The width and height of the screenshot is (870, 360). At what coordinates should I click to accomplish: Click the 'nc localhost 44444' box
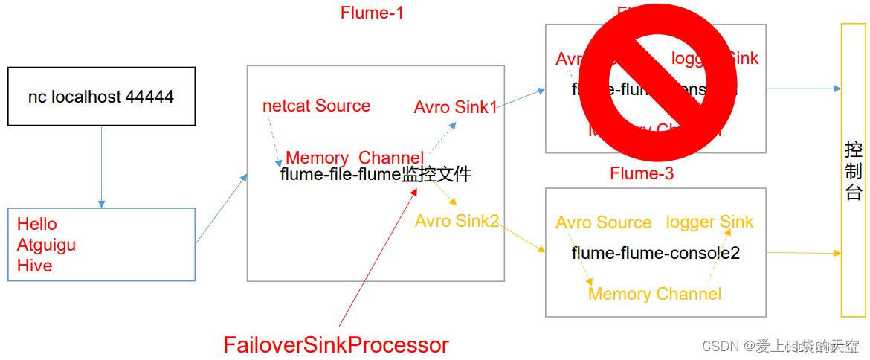101,97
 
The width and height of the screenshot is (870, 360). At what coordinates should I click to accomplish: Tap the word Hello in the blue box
37,224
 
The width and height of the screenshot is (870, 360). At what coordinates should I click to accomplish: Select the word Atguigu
46,245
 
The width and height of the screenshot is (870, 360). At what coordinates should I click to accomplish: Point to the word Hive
34,266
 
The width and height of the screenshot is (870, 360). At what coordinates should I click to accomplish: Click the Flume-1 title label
372,13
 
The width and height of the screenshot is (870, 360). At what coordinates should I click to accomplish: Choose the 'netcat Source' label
316,106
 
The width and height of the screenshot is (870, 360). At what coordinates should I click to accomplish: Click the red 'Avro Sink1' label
455,107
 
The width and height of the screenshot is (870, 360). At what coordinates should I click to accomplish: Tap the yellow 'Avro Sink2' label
457,221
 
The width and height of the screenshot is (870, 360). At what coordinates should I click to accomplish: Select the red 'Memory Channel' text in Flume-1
354,158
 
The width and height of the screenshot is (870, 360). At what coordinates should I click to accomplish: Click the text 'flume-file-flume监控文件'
376,176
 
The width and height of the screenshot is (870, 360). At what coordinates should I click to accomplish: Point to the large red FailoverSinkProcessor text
336,345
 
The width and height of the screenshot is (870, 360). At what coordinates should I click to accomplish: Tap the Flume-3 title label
642,174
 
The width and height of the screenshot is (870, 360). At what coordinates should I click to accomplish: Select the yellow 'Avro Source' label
603,222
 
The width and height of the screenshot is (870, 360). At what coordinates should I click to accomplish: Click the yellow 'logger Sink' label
709,222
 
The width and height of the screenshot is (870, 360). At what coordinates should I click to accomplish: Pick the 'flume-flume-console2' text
655,253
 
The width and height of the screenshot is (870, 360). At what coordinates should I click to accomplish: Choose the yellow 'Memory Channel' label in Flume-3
654,294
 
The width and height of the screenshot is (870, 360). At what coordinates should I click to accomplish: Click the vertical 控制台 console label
853,171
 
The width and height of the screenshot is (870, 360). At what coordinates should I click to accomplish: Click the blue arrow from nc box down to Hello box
101,166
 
